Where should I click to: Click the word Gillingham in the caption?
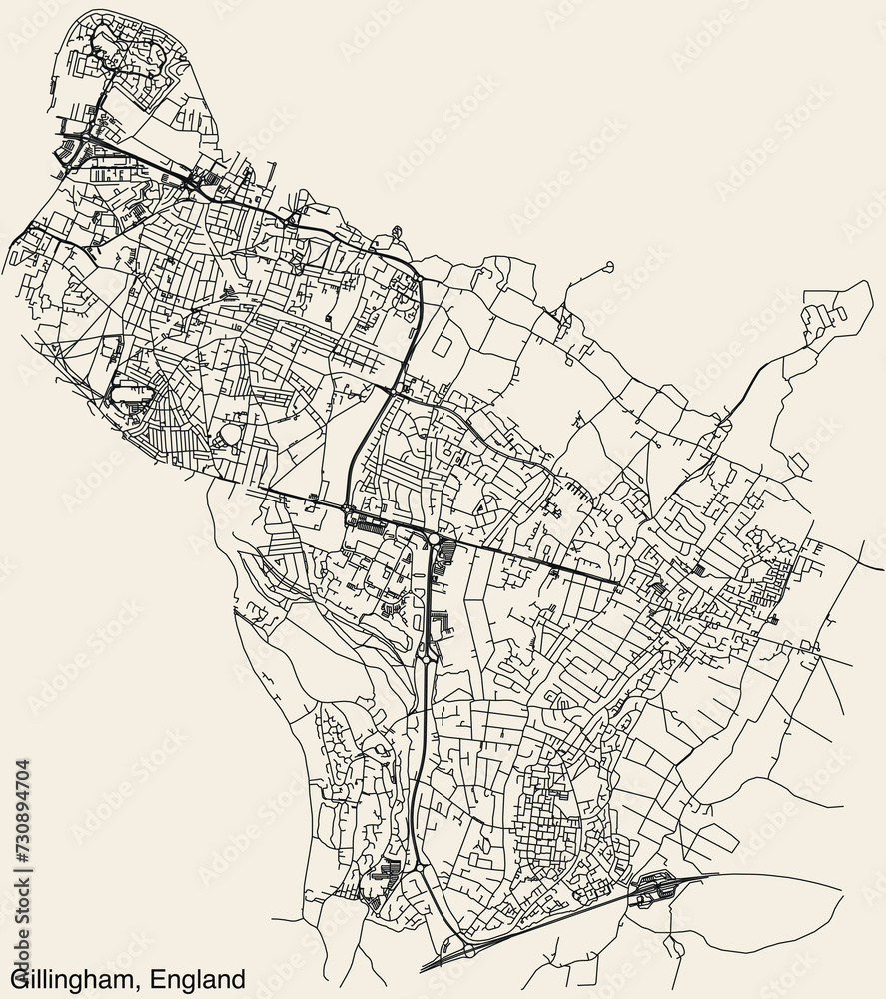[x=71, y=976]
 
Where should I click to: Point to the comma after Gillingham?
[x=136, y=983]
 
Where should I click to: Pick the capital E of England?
[x=152, y=976]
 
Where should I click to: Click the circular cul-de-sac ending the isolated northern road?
[x=608, y=266]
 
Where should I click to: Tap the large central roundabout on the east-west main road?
[x=433, y=539]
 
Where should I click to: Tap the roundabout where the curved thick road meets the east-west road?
[x=349, y=512]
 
